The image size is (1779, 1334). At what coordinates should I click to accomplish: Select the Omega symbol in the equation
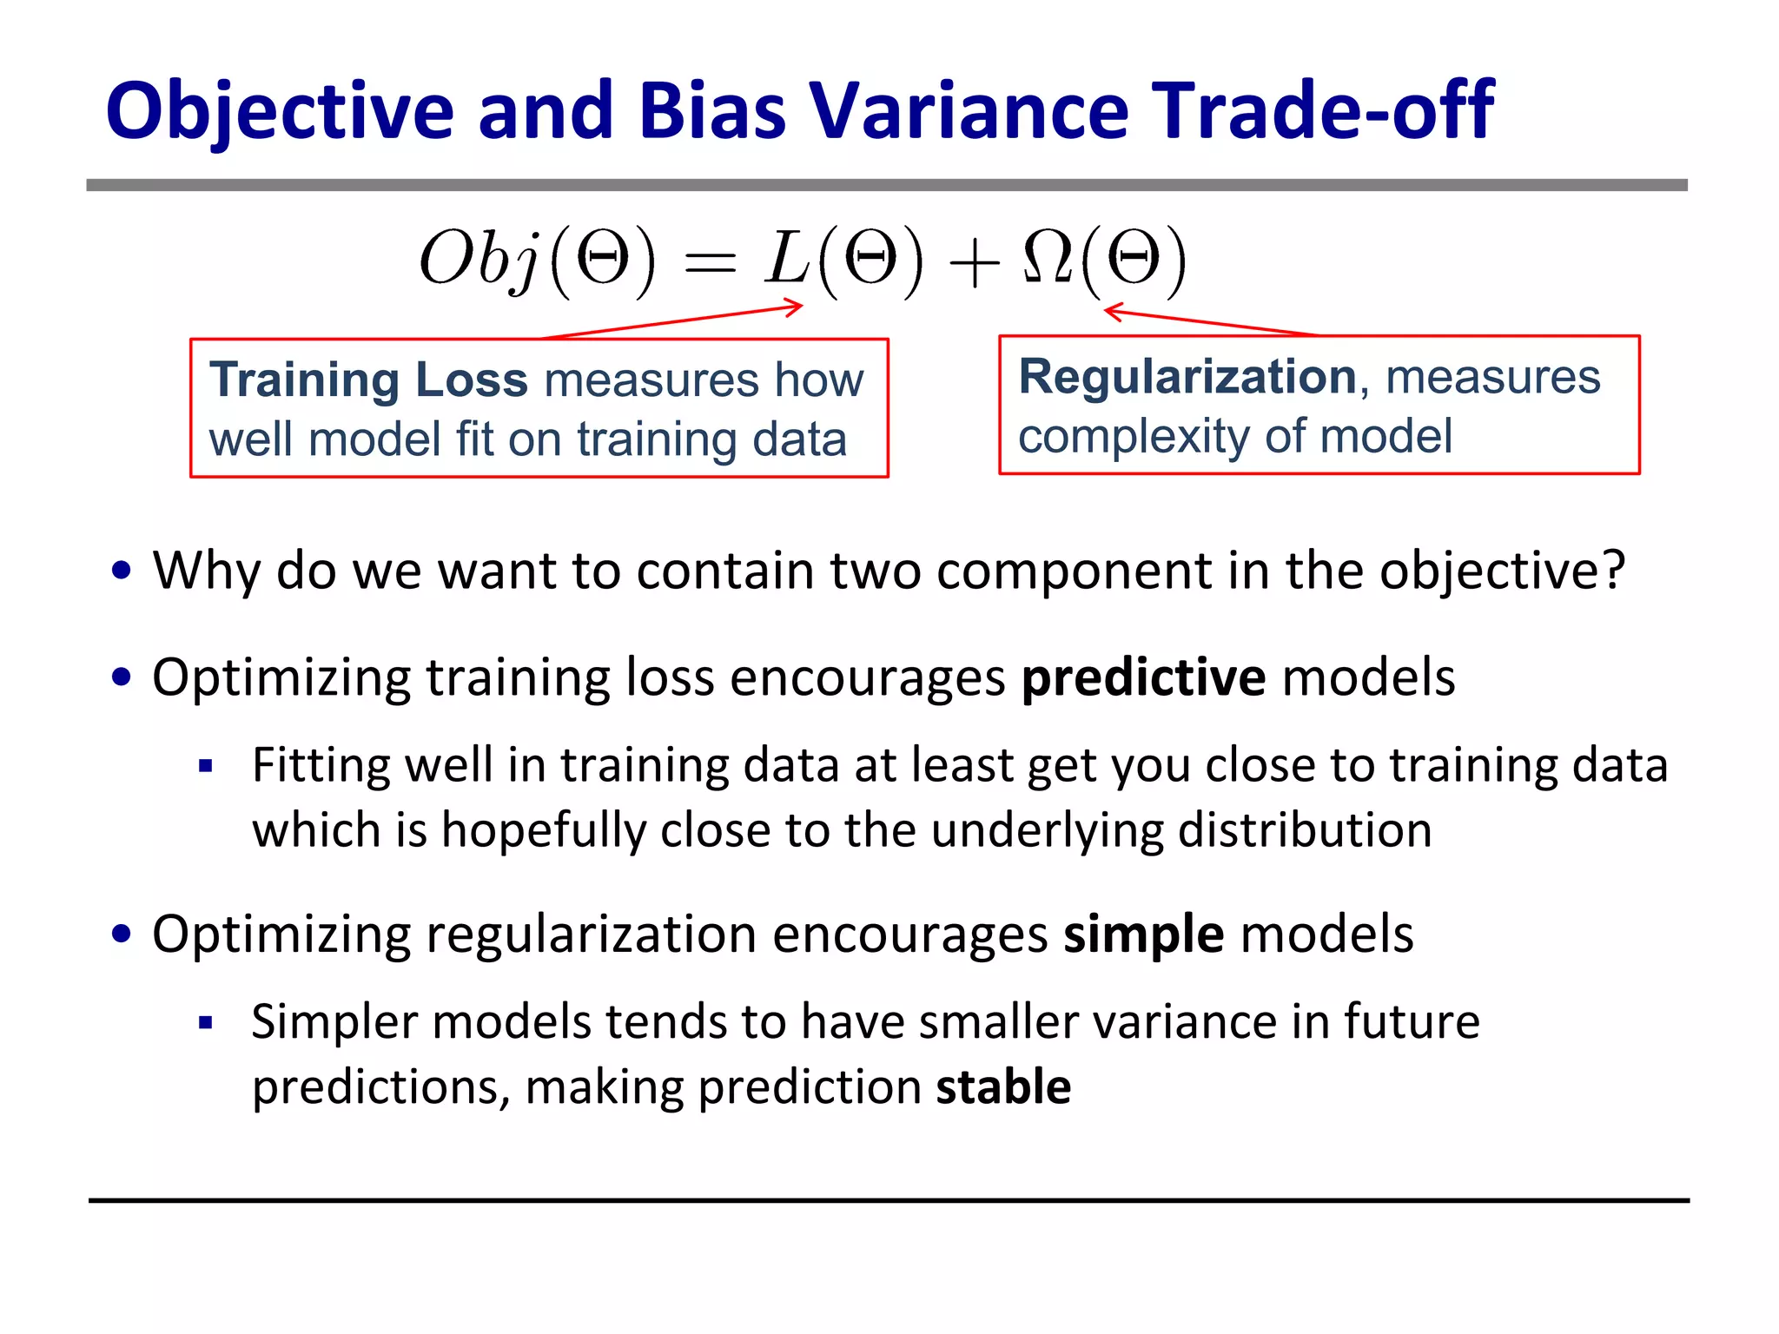pos(1047,258)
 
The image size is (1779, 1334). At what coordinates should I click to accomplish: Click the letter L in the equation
pos(787,258)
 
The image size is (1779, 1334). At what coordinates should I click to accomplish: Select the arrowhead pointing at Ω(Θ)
pos(1113,312)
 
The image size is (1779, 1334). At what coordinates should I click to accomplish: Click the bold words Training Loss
pos(368,380)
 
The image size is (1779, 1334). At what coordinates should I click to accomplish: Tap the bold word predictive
pos(1143,677)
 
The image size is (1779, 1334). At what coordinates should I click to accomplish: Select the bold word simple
pos(1144,934)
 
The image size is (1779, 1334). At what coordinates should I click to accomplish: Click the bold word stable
pos(1003,1087)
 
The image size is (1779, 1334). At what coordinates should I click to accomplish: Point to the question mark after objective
pos(1613,571)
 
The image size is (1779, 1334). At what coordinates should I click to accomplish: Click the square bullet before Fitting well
pos(206,766)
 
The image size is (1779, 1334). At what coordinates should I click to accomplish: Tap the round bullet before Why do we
pos(122,571)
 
